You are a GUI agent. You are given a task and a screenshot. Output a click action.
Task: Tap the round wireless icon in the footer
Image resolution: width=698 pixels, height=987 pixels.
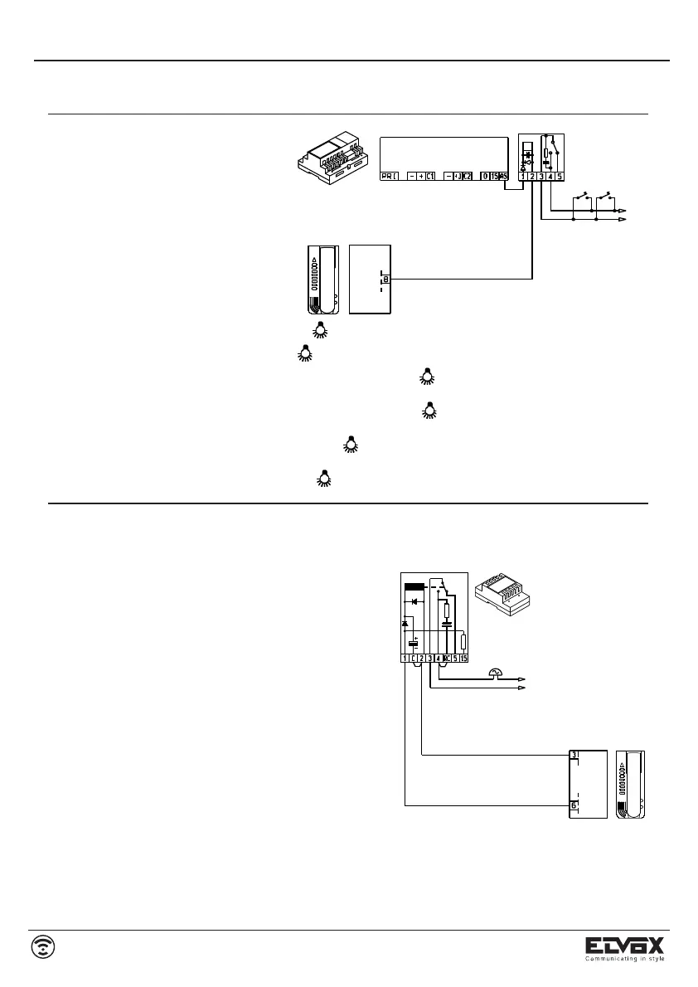pos(44,946)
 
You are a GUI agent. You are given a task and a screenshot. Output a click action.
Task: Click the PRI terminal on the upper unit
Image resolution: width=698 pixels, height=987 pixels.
pos(389,176)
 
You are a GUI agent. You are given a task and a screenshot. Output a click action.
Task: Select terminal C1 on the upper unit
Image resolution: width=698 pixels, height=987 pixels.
pos(431,176)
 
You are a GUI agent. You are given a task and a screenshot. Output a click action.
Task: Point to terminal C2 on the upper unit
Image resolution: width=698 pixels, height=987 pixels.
pos(467,176)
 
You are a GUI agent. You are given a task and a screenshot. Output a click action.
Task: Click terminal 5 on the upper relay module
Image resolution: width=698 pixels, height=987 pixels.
pos(560,176)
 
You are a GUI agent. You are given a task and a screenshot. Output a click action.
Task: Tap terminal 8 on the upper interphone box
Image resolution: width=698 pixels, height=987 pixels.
pos(386,280)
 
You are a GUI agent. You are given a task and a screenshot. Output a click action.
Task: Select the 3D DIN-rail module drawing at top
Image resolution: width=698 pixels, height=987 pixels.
pos(332,160)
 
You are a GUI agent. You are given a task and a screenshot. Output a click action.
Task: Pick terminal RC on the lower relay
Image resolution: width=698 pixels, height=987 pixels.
pos(446,659)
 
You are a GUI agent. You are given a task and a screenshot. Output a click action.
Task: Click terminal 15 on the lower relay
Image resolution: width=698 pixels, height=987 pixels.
pos(464,659)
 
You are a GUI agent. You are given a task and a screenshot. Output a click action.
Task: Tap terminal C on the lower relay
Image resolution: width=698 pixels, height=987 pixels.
pos(413,659)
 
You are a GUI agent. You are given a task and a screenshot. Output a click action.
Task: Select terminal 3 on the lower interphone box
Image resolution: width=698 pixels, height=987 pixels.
pos(574,756)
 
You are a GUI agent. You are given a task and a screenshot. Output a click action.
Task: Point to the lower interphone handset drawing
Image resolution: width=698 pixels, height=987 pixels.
pos(630,785)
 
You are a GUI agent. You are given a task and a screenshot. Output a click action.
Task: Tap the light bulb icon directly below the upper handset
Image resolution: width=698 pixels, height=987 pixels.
pos(320,331)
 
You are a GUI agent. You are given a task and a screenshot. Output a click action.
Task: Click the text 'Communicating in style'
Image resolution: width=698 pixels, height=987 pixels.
pos(626,959)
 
